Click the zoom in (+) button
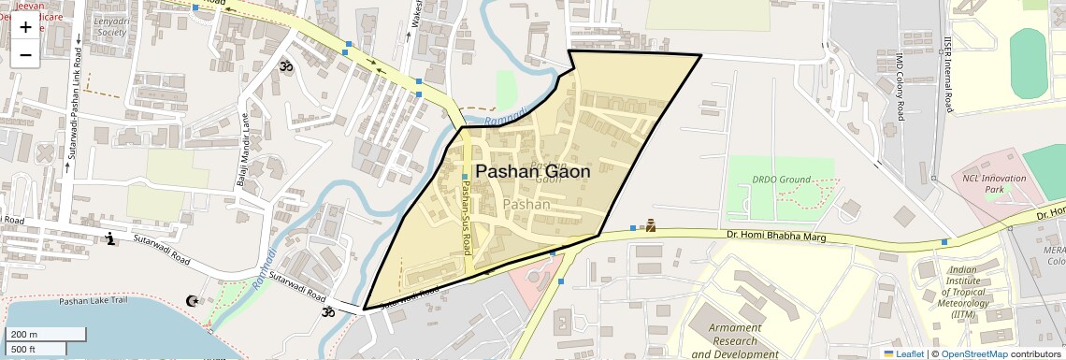tap(25, 27)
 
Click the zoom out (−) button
tap(25, 54)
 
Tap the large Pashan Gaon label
tap(533, 172)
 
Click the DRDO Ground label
tap(779, 179)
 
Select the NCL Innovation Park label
tap(994, 183)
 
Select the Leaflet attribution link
tap(903, 354)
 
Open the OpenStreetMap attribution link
tap(973, 354)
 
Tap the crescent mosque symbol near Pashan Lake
tap(193, 300)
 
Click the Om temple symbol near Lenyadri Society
tap(285, 66)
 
